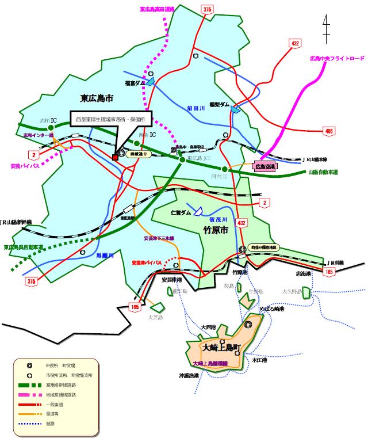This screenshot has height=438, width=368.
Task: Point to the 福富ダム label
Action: tap(136, 83)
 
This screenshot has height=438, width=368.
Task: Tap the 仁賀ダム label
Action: tap(181, 212)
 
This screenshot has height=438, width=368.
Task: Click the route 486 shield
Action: tap(329, 131)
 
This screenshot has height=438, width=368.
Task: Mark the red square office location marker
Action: tap(115, 157)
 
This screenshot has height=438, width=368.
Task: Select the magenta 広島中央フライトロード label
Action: tap(337, 58)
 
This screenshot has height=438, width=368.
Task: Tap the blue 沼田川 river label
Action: tap(195, 108)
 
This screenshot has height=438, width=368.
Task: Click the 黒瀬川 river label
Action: tap(105, 254)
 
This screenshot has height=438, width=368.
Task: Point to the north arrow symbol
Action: tap(326, 28)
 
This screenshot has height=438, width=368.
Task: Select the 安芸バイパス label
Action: tap(25, 166)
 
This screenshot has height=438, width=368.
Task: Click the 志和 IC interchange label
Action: tap(48, 120)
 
